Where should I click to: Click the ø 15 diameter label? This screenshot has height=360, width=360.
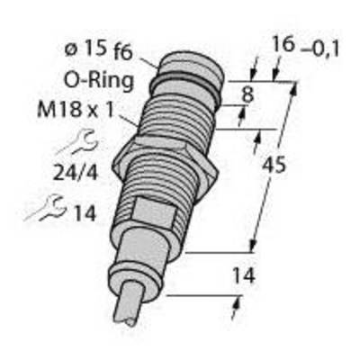pos(85,49)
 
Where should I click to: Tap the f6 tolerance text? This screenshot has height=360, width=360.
pos(123,54)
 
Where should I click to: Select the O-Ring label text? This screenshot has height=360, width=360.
pos(99,81)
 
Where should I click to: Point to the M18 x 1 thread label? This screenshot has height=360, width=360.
pos(76,110)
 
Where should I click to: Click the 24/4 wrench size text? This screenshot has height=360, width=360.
pos(76,173)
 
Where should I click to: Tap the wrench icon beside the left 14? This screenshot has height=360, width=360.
pos(45,208)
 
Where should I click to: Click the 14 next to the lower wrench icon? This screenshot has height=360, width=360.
pos(85,213)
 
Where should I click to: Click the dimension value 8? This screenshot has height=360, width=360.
pos(247,94)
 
